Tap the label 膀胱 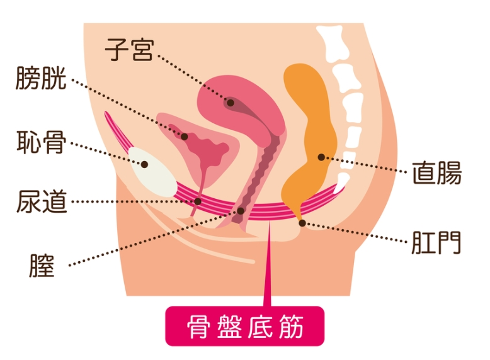click(x=41, y=78)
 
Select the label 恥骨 click(x=41, y=142)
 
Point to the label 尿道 click(x=42, y=201)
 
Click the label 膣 click(x=42, y=266)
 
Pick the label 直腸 click(x=437, y=172)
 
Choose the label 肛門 click(x=436, y=242)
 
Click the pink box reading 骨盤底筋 click(x=245, y=326)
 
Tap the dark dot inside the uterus click(x=231, y=103)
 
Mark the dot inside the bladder click(x=185, y=137)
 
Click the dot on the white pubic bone click(x=144, y=164)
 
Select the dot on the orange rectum click(x=321, y=157)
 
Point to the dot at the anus click(x=302, y=223)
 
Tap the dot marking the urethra click(x=198, y=201)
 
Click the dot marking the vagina click(x=241, y=211)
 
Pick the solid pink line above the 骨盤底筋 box click(x=268, y=263)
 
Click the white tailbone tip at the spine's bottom click(x=341, y=181)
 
